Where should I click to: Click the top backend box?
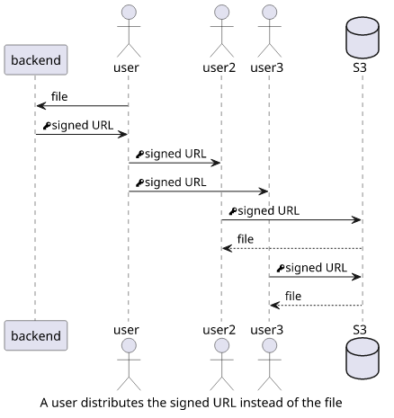tap(36, 60)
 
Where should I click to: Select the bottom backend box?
tap(36, 335)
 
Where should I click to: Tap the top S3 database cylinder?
tap(363, 38)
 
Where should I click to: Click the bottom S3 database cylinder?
tap(363, 359)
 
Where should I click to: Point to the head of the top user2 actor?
tap(221, 13)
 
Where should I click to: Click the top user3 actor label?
tap(266, 67)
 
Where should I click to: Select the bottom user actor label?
tap(126, 330)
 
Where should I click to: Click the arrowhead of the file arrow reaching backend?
tap(40, 106)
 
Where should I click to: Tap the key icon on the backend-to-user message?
tap(47, 126)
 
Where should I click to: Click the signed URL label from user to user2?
tap(175, 155)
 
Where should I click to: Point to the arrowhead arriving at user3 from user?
tap(264, 191)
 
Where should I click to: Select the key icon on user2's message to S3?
tap(233, 211)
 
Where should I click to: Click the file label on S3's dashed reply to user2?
tap(246, 239)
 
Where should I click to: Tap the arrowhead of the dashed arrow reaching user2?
tap(227, 248)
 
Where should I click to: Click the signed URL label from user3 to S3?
tap(316, 268)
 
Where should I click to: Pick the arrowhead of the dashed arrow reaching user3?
tap(274, 306)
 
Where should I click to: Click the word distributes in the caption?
tap(112, 403)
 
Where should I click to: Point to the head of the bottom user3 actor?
tap(269, 346)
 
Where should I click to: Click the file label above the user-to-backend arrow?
tap(59, 97)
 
